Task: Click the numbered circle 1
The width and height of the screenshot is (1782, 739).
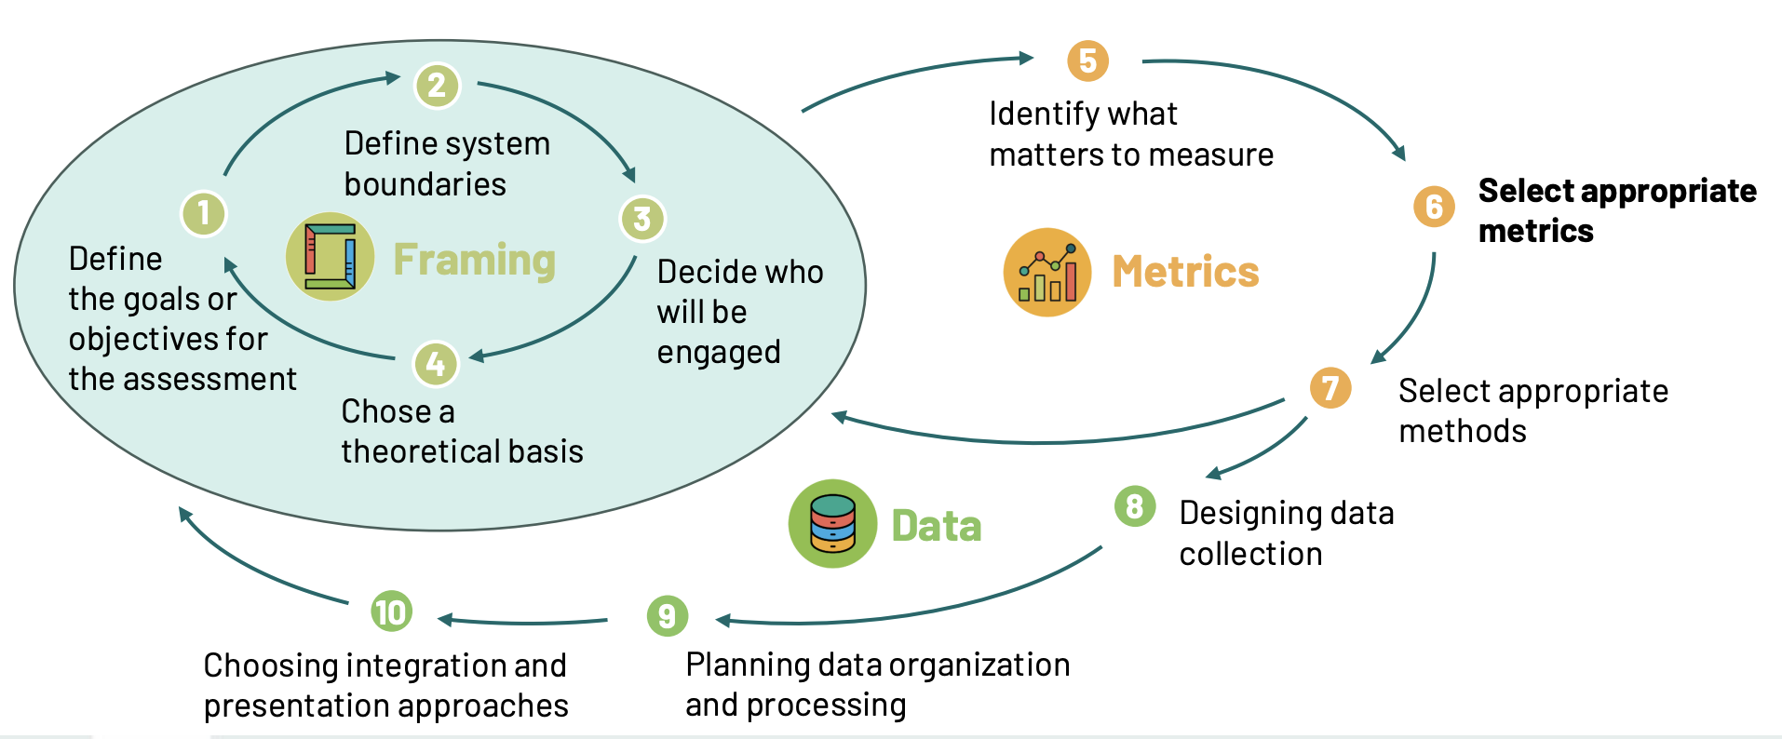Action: click(204, 214)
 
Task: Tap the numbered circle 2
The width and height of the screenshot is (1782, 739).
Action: click(437, 86)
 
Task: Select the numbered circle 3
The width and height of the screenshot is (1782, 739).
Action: click(642, 219)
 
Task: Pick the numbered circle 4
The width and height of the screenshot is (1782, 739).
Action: click(436, 364)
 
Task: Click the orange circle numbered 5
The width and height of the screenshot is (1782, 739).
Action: click(1087, 61)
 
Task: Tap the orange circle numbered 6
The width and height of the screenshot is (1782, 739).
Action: click(1434, 207)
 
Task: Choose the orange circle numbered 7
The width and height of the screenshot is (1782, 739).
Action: click(1330, 387)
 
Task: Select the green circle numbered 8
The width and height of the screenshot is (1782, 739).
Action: click(1135, 506)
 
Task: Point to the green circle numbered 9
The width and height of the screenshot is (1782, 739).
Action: click(667, 616)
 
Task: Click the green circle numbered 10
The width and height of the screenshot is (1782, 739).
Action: click(391, 611)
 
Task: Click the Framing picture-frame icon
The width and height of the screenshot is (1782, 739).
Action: click(330, 257)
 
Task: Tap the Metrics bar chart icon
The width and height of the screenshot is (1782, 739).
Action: click(1047, 273)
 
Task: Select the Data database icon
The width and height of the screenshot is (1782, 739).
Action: click(832, 524)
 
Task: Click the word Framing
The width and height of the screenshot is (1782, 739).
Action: click(474, 260)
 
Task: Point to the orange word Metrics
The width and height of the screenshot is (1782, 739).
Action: click(1185, 272)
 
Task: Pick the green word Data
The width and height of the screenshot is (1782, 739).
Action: click(936, 526)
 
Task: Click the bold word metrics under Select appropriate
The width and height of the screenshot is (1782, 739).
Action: click(1535, 231)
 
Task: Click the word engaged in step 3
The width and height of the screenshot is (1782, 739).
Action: click(718, 353)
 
